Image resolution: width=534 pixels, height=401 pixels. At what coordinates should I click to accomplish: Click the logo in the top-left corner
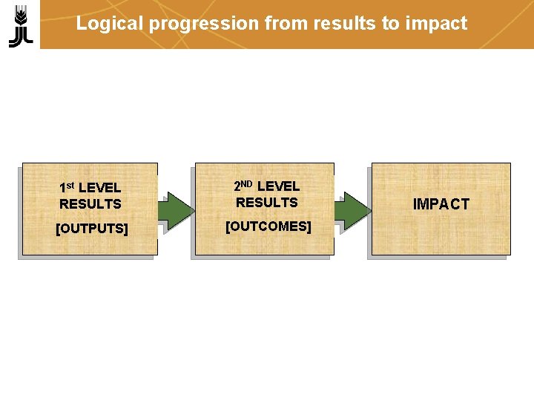(x=20, y=25)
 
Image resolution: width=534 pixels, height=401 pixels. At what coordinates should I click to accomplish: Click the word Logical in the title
(x=111, y=24)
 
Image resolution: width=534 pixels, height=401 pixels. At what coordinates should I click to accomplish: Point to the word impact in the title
(x=436, y=24)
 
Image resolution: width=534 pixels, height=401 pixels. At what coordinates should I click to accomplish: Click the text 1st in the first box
(x=67, y=187)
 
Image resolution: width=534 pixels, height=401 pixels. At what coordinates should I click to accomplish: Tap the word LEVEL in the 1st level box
(x=99, y=188)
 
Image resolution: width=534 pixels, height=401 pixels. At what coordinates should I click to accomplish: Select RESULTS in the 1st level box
(x=90, y=203)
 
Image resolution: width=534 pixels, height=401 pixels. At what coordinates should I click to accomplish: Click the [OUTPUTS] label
(x=91, y=228)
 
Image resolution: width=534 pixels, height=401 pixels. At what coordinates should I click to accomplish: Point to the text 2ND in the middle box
(x=243, y=186)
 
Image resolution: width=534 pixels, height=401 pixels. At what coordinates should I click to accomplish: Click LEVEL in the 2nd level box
(x=278, y=186)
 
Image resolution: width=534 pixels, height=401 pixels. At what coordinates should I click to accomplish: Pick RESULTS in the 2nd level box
(x=266, y=202)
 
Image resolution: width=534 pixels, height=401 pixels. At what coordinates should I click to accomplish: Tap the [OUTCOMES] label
(x=268, y=226)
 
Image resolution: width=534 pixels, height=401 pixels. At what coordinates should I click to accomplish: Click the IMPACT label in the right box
(x=441, y=204)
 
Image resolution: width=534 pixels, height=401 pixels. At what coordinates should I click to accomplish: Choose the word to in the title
(x=390, y=24)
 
